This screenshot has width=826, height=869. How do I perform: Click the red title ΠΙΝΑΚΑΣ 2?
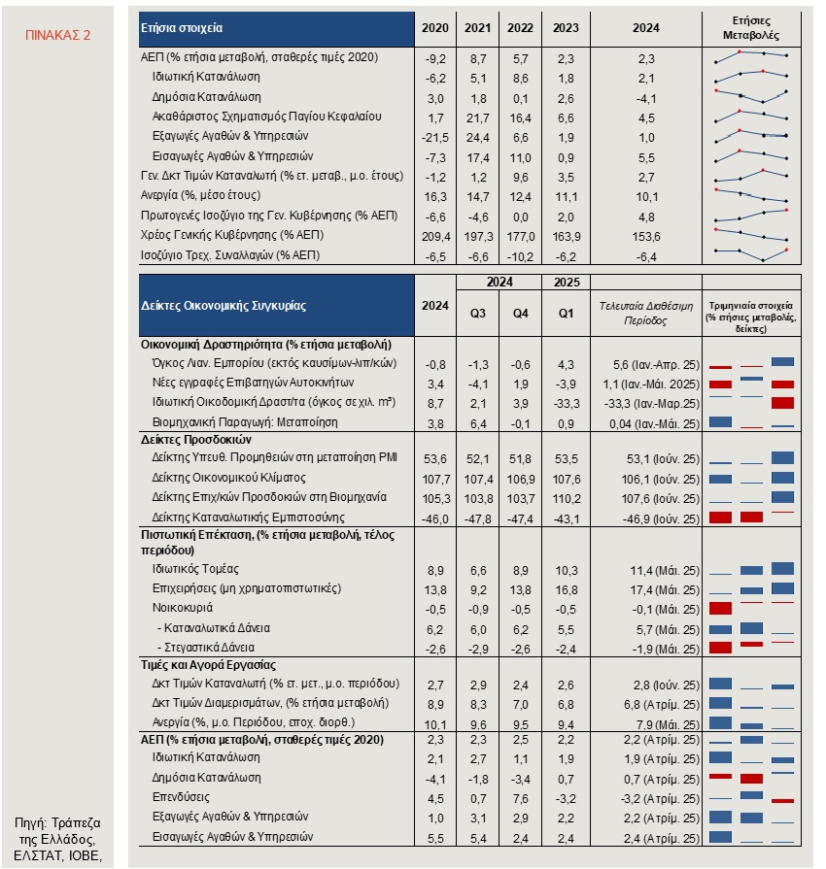57,35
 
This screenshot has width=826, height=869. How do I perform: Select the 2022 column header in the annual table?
520,28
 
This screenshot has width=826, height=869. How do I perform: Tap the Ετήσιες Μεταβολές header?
751,28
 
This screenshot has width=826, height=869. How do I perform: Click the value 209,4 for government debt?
435,237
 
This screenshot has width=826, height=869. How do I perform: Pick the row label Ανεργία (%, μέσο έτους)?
200,195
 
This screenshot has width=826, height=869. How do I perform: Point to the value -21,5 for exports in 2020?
435,138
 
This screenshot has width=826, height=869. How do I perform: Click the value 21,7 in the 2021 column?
478,118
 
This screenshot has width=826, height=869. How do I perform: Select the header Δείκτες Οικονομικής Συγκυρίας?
223,306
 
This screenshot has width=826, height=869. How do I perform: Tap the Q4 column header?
520,313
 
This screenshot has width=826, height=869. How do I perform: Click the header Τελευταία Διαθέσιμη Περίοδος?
645,313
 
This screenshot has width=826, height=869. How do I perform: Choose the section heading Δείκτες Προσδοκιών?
196,440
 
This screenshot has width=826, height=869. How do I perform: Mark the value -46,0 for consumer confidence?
435,519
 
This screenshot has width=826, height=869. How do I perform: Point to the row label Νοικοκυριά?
183,608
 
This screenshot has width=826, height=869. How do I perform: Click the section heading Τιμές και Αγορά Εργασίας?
208,664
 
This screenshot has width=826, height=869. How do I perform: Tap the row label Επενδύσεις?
181,797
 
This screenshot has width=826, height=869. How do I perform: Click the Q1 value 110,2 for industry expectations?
566,499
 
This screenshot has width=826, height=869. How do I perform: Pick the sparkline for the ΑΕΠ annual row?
752,56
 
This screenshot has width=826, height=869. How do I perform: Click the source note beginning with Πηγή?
57,839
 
